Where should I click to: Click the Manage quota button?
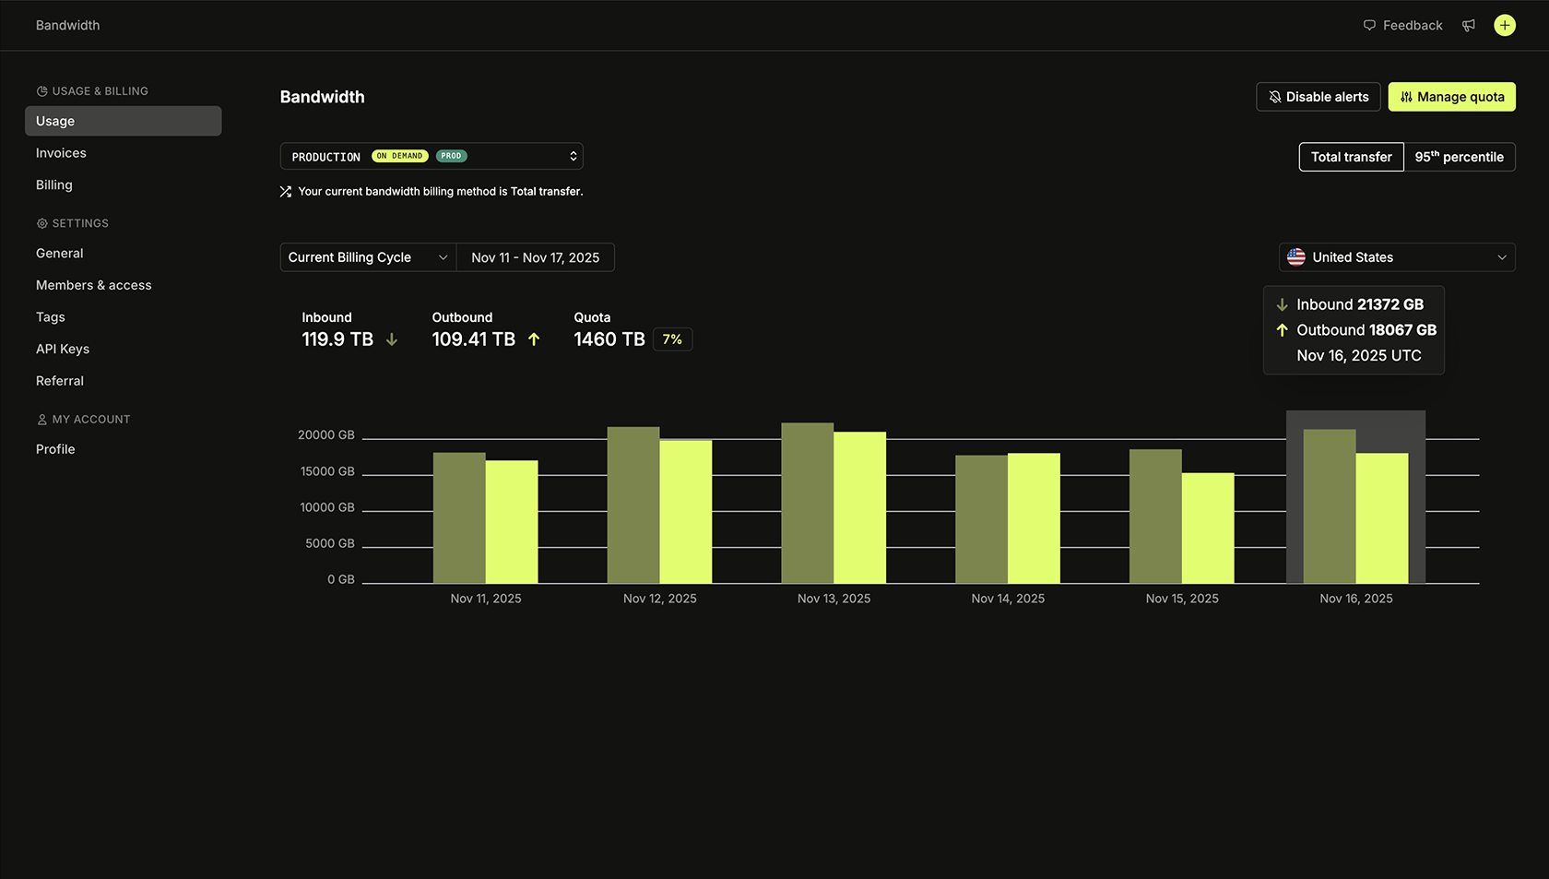click(x=1451, y=97)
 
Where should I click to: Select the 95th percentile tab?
click(x=1459, y=157)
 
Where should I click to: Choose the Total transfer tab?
click(x=1351, y=157)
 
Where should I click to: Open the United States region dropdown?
click(x=1396, y=257)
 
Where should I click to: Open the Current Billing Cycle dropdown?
click(x=367, y=257)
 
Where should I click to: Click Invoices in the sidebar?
click(x=61, y=153)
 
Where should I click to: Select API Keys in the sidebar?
click(x=63, y=349)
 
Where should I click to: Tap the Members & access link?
click(x=94, y=285)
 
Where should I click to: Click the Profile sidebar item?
click(x=55, y=449)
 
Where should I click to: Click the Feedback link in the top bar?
click(x=1402, y=26)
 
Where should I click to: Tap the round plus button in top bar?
click(x=1504, y=26)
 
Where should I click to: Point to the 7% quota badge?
click(x=672, y=339)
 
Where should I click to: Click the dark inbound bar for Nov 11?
click(x=459, y=517)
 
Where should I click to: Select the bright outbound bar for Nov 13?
click(x=859, y=507)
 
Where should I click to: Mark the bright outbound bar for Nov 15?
click(x=1207, y=528)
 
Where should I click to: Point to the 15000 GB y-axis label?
click(x=327, y=471)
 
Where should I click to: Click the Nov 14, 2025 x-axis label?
click(x=1008, y=599)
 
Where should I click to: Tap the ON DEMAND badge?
click(x=399, y=156)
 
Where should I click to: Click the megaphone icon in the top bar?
click(x=1469, y=26)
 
